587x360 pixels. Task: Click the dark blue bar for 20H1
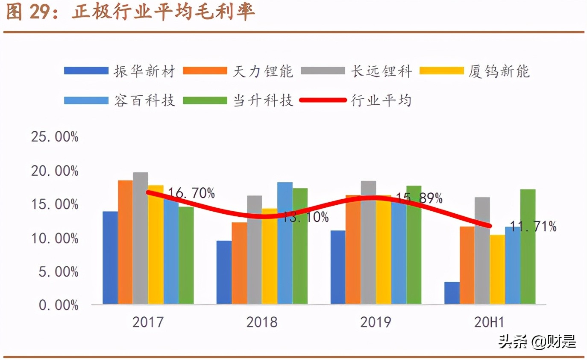[452, 293]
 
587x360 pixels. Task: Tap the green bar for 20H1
[528, 247]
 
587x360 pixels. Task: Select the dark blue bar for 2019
[338, 267]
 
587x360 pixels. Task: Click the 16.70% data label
[191, 193]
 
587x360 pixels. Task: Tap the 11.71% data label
[533, 227]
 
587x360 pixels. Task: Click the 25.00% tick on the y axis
[55, 137]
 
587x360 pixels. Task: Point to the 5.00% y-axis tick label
[58, 272]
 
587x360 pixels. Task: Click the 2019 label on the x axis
[376, 322]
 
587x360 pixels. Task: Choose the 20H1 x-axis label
[490, 322]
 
